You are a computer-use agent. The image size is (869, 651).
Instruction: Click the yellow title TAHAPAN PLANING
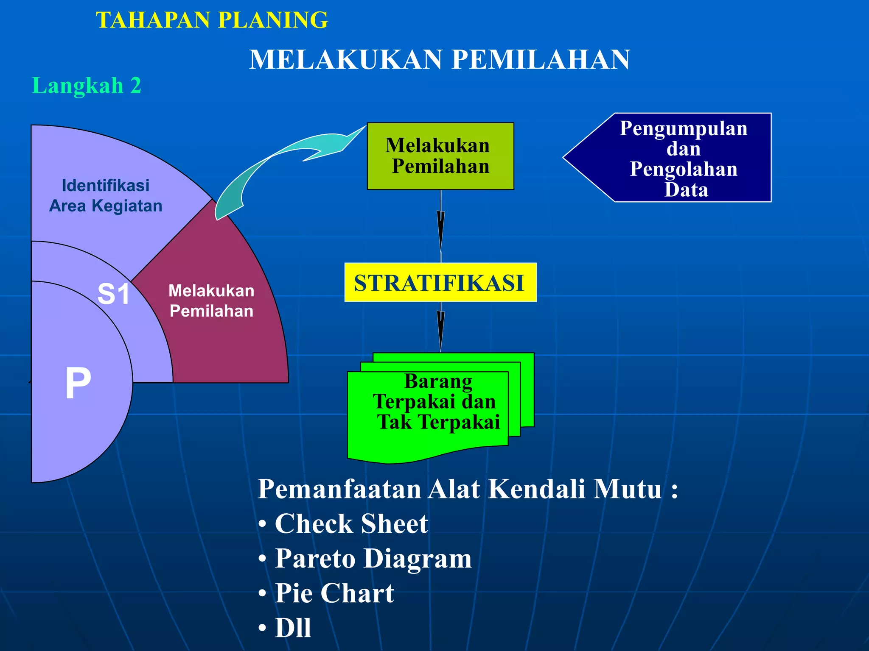click(212, 20)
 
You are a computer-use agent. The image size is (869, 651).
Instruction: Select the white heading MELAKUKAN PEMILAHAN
click(440, 59)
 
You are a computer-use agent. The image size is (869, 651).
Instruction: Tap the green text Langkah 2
click(87, 85)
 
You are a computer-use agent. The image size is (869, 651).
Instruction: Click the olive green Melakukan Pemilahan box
click(440, 156)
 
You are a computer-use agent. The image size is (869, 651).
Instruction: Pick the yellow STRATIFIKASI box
click(440, 283)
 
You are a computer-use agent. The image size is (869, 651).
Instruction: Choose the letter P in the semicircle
click(78, 383)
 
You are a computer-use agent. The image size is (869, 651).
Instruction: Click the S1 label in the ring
click(113, 294)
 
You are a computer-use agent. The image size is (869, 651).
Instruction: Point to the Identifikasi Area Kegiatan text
click(106, 195)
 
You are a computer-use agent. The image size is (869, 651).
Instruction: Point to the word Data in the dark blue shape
click(686, 189)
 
